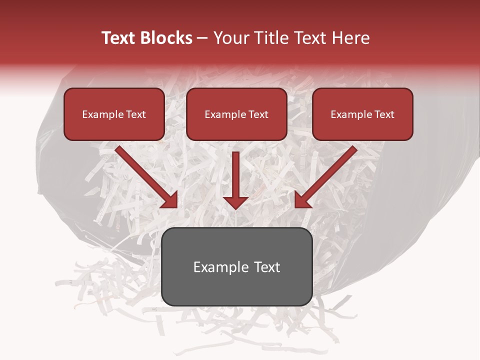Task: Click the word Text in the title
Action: (x=118, y=38)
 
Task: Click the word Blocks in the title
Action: (x=165, y=38)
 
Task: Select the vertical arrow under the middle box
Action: (x=236, y=180)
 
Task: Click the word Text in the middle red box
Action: (x=257, y=114)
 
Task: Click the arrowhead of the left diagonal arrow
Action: (x=170, y=200)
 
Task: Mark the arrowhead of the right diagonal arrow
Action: (x=301, y=200)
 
